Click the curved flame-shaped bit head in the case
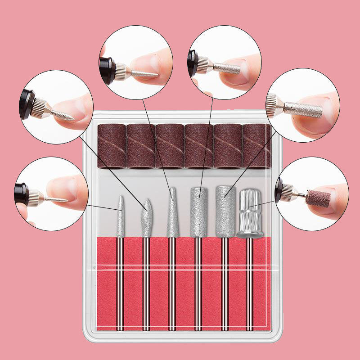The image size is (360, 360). click(x=146, y=218)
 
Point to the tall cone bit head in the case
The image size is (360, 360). click(x=172, y=214)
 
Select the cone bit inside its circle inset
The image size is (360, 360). click(x=143, y=72)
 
